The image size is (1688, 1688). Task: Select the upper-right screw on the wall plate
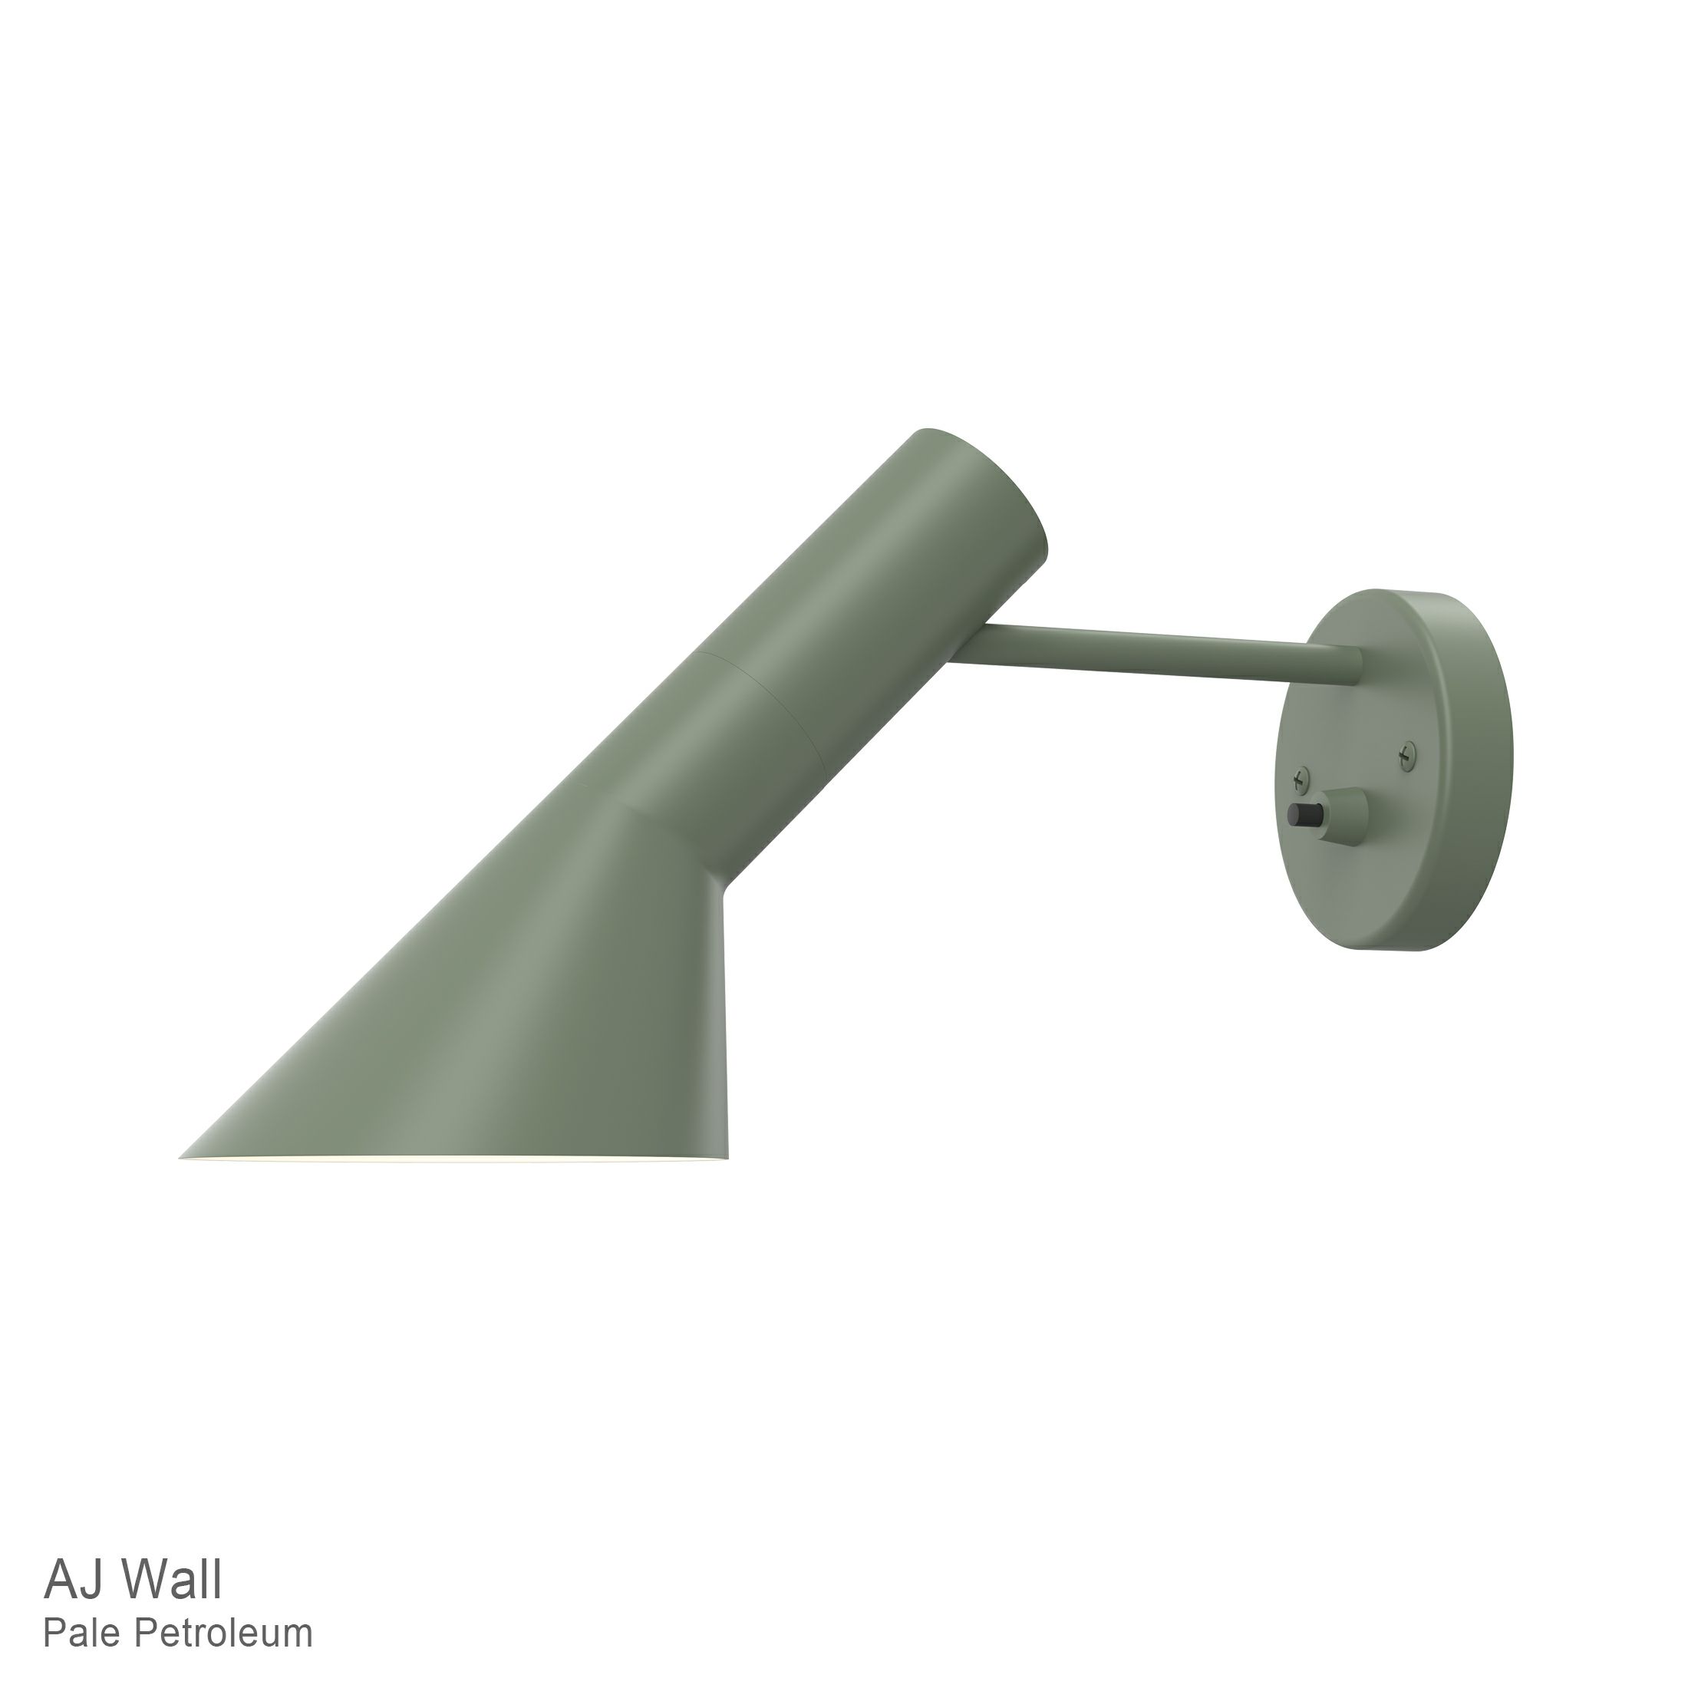point(1406,750)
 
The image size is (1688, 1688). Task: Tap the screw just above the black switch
point(1301,774)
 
